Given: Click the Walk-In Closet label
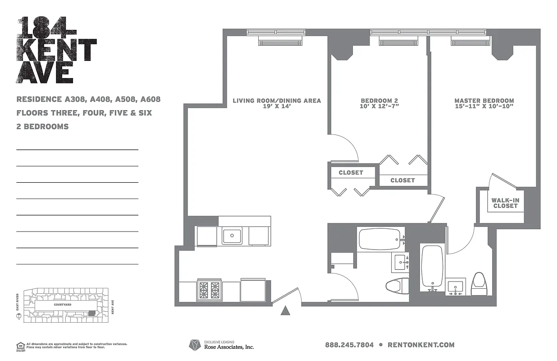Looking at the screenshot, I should pyautogui.click(x=505, y=203).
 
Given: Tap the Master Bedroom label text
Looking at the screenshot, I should pyautogui.click(x=484, y=101).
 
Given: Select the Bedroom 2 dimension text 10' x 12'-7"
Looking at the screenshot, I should pyautogui.click(x=379, y=107).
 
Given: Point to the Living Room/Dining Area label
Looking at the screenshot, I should pyautogui.click(x=277, y=101).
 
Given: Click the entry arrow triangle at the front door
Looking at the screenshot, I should pyautogui.click(x=286, y=310).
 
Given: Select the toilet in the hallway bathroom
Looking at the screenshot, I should pyautogui.click(x=397, y=286).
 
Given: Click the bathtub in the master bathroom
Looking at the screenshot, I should pyautogui.click(x=433, y=266).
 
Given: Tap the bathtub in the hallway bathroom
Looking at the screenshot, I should pyautogui.click(x=379, y=239).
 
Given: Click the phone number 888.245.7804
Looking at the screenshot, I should pyautogui.click(x=349, y=345).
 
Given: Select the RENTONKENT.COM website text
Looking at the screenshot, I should pyautogui.click(x=421, y=345).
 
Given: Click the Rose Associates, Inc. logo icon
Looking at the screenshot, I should pyautogui.click(x=195, y=345).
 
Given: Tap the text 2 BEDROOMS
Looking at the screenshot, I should pyautogui.click(x=42, y=127).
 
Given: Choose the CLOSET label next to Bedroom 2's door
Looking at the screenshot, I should pyautogui.click(x=351, y=172).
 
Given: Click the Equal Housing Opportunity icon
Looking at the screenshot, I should pyautogui.click(x=20, y=346).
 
